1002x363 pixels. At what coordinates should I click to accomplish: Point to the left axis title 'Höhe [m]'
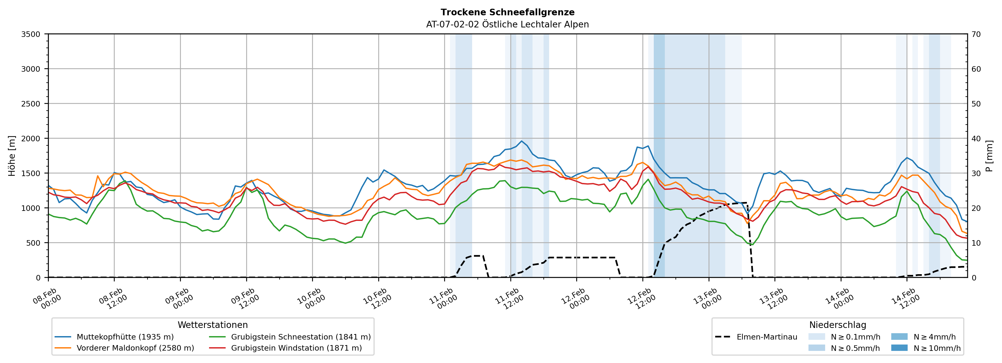pyautogui.click(x=12, y=156)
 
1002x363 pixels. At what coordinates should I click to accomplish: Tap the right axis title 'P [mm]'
pyautogui.click(x=989, y=156)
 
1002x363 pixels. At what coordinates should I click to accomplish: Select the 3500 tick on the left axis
pyautogui.click(x=31, y=34)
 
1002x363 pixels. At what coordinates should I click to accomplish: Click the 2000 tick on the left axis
pyautogui.click(x=31, y=138)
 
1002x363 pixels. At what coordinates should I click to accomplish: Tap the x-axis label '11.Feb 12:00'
pyautogui.click(x=509, y=298)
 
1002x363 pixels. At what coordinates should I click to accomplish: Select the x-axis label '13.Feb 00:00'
pyautogui.click(x=708, y=298)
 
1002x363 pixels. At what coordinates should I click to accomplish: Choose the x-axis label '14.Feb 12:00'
pyautogui.click(x=906, y=298)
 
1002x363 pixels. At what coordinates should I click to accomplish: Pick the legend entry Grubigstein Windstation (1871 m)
pyautogui.click(x=296, y=348)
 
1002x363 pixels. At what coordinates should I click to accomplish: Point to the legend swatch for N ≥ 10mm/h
pyautogui.click(x=899, y=348)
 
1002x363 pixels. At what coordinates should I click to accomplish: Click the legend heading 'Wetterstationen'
pyautogui.click(x=212, y=325)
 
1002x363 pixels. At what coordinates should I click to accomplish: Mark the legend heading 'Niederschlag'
pyautogui.click(x=838, y=325)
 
